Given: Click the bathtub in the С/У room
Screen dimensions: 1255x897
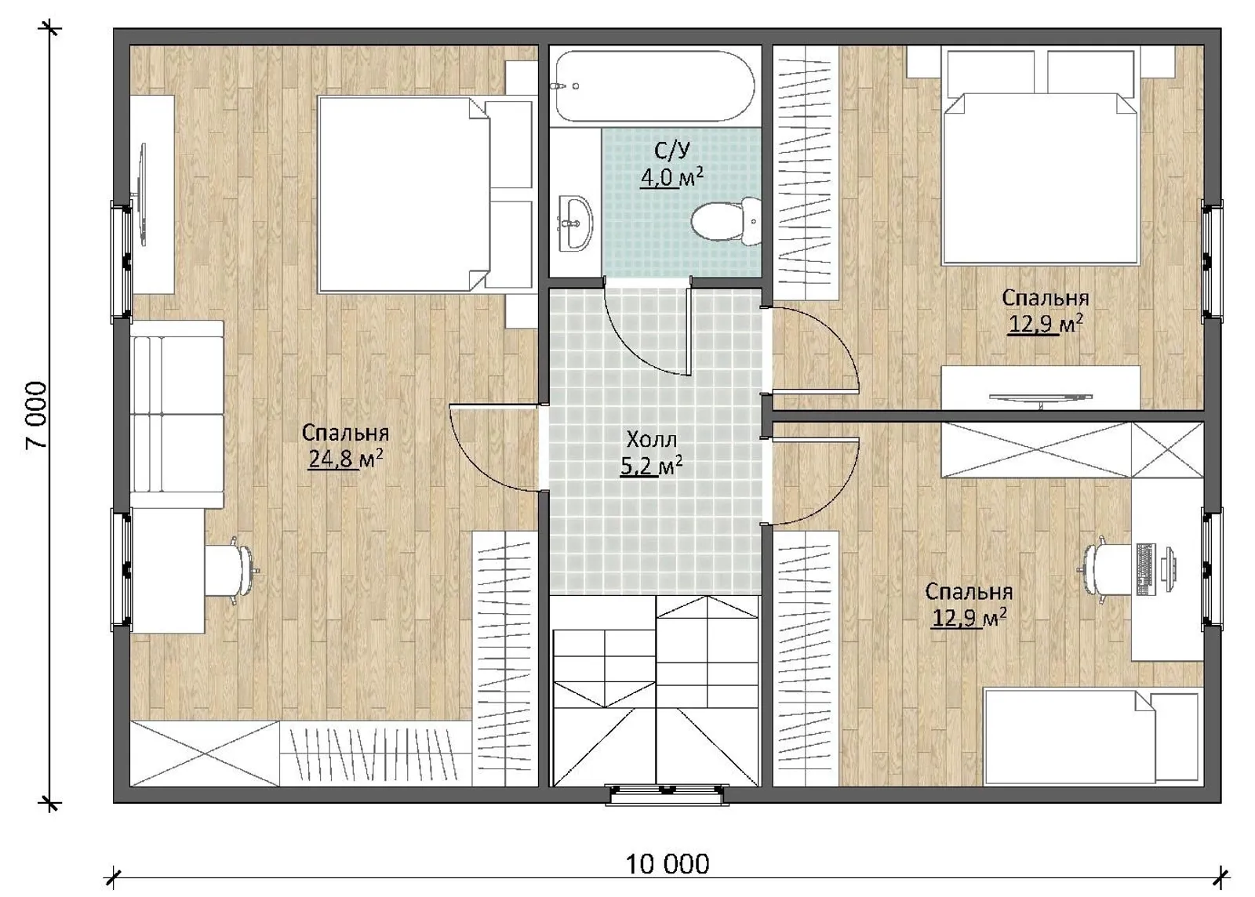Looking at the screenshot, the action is coord(655,86).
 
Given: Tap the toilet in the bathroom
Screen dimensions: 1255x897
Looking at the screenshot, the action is coord(725,221).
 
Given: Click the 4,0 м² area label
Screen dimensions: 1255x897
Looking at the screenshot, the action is coord(671,179).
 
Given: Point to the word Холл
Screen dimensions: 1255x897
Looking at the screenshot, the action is coord(652,440).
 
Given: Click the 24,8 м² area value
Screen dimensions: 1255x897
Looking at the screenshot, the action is coord(346,459).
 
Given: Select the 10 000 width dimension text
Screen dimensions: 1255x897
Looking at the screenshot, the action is coord(667,864).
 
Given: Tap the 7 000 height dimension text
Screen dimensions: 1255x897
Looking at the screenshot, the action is coord(38,414).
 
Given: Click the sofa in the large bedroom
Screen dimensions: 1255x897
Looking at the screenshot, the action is coord(177,414).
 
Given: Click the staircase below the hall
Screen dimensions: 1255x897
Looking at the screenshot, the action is coord(655,691).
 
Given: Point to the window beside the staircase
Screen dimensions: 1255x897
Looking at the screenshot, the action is coord(667,793).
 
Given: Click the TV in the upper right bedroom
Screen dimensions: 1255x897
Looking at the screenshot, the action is coord(1040,398).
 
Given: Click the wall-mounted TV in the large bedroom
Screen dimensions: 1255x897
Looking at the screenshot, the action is coord(143,194).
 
